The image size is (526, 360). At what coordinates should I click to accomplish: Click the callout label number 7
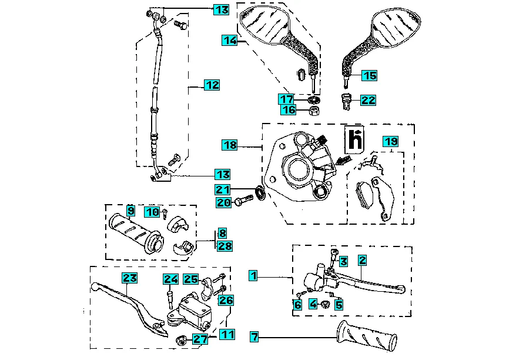pos(254,337)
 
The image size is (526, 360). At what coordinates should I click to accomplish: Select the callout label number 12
pos(212,85)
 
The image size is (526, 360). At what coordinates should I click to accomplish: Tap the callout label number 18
pos(230,145)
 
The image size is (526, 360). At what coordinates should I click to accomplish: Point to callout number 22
pos(368,101)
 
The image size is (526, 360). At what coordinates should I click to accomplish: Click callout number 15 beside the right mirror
pos(369,76)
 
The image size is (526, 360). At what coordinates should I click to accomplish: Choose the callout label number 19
pos(391,141)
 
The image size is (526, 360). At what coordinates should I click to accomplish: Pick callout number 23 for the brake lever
pos(129,278)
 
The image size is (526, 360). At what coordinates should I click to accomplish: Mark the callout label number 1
pos(253,275)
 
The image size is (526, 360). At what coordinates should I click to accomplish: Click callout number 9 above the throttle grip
pos(130,211)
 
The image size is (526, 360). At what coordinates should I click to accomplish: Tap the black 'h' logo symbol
pos(354,139)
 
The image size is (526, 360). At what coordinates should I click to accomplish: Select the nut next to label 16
pos(314,110)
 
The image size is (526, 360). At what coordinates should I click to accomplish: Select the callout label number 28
pos(225,246)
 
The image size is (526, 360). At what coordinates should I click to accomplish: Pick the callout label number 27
pos(200,339)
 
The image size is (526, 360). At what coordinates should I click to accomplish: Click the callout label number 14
pos(229,40)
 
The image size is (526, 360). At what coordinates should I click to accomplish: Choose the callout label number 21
pos(222,189)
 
